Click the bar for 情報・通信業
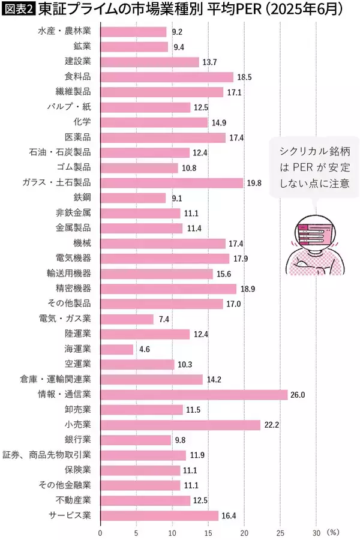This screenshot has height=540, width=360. tap(194, 395)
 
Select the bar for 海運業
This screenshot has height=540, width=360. tap(116, 349)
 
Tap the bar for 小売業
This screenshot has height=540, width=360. tap(180, 425)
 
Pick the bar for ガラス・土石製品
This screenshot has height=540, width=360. tap(172, 183)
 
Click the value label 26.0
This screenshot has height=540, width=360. tap(298, 395)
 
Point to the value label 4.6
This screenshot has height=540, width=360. tap(144, 349)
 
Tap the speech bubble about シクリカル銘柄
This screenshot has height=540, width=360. tap(310, 167)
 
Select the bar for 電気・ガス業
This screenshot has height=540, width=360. tap(127, 319)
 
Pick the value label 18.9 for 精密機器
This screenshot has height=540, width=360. tap(247, 289)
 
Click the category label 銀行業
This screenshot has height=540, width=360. tap(78, 440)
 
